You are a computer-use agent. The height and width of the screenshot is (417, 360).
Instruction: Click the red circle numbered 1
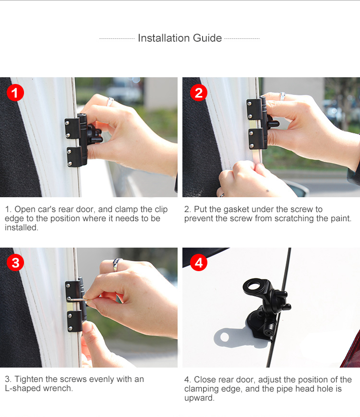tap(15, 93)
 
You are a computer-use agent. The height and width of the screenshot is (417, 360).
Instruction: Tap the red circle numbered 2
tap(199, 93)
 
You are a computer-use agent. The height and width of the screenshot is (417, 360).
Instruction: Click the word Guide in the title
tap(207, 38)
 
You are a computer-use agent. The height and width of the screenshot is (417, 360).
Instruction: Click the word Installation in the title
tap(164, 38)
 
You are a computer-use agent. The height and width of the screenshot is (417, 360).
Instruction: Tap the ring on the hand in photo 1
tap(110, 101)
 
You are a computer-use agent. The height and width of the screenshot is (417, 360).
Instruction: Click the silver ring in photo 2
tap(283, 96)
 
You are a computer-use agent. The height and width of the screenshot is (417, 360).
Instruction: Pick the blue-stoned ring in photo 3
tap(117, 264)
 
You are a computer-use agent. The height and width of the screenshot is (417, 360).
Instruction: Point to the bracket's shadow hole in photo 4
tap(225, 337)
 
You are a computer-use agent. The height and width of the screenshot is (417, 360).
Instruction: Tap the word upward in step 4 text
tap(199, 398)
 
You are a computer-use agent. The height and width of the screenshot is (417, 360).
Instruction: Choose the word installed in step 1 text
tap(21, 227)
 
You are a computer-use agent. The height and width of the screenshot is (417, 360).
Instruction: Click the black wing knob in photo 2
tap(273, 124)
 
